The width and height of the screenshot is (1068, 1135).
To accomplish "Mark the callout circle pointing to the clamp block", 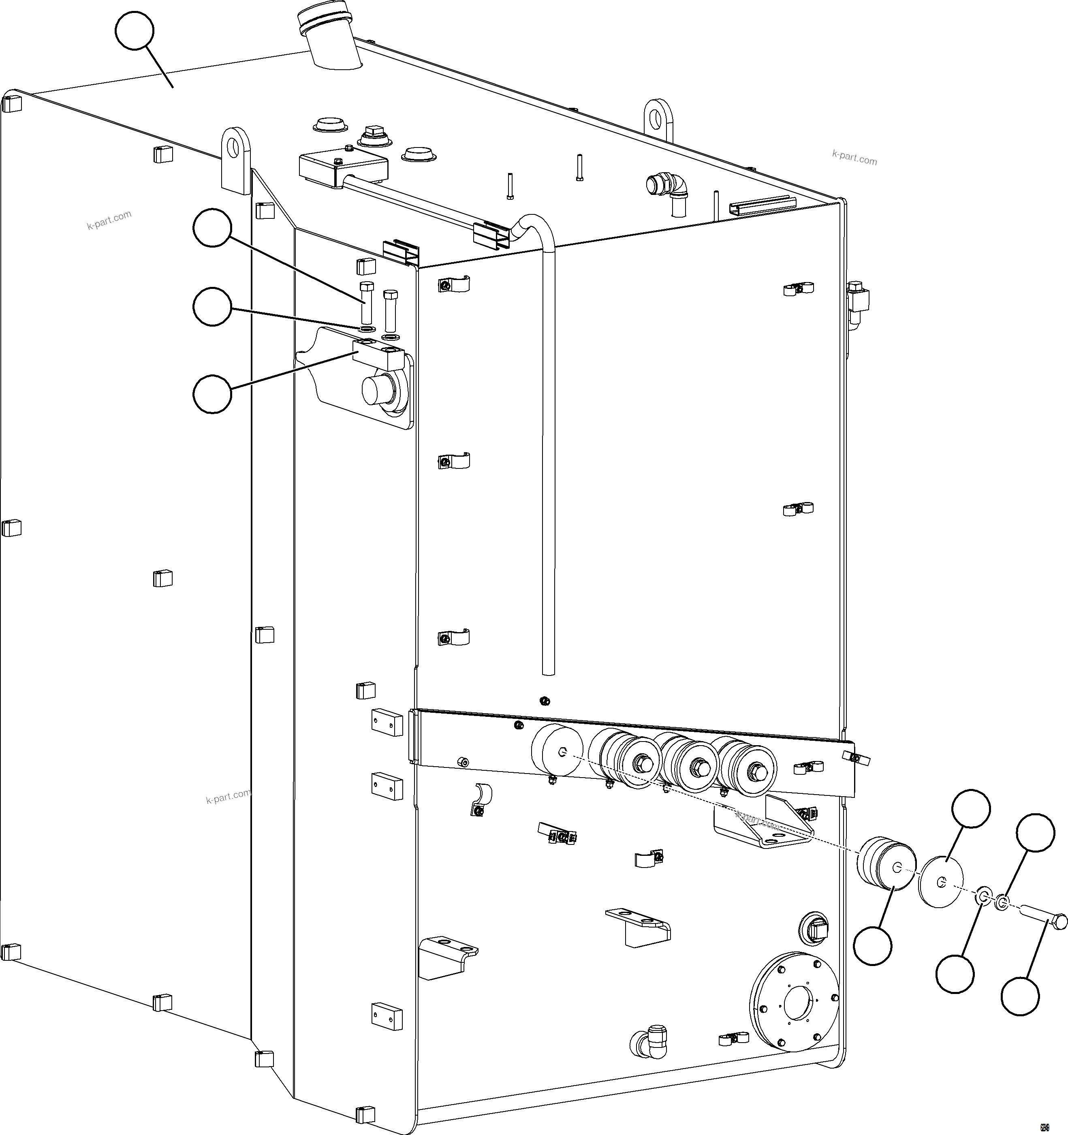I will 212,394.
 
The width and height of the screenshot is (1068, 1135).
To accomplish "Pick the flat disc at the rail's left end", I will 557,751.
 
